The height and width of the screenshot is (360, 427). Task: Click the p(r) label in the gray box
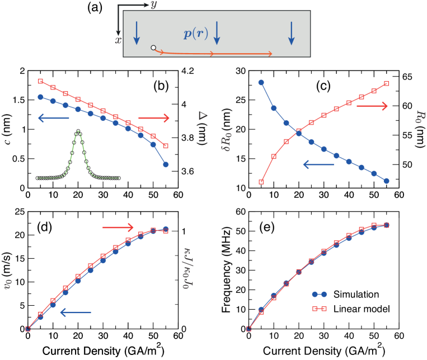pyautogui.click(x=196, y=34)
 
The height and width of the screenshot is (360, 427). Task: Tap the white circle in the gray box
pyautogui.click(x=153, y=48)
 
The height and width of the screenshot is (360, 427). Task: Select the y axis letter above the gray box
pyautogui.click(x=153, y=5)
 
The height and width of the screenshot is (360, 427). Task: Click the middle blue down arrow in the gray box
pyautogui.click(x=217, y=33)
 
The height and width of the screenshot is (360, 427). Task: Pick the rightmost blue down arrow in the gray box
pyautogui.click(x=291, y=33)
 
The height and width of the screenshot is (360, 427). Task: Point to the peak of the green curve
pyautogui.click(x=78, y=131)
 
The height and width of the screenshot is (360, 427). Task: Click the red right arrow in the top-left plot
pyautogui.click(x=154, y=118)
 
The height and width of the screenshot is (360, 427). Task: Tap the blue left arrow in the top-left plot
pyautogui.click(x=53, y=118)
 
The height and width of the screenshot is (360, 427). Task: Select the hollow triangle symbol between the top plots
pyautogui.click(x=203, y=116)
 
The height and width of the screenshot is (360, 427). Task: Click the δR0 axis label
pyautogui.click(x=227, y=141)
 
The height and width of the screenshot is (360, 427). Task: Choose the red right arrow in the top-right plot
pyautogui.click(x=372, y=106)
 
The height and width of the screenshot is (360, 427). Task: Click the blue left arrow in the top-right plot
pyautogui.click(x=318, y=164)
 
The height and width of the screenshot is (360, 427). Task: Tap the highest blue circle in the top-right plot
pyautogui.click(x=261, y=83)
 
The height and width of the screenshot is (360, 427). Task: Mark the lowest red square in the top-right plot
pyautogui.click(x=261, y=182)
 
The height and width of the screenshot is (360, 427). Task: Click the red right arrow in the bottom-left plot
pyautogui.click(x=118, y=228)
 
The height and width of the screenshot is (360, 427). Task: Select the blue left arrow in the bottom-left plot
pyautogui.click(x=76, y=312)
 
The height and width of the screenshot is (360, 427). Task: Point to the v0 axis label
pyautogui.click(x=8, y=284)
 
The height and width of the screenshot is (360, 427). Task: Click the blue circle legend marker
pyautogui.click(x=319, y=294)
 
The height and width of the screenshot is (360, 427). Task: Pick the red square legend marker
pyautogui.click(x=319, y=309)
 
